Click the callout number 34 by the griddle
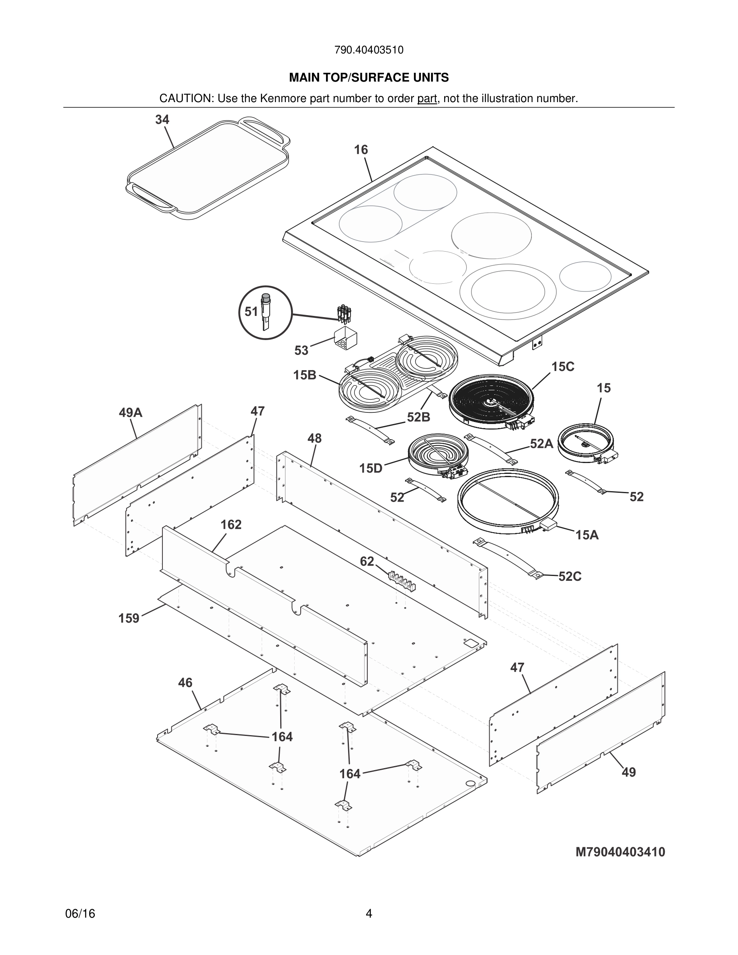point(162,120)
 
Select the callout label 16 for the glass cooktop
point(361,150)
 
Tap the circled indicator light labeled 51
point(265,312)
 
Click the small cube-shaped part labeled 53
point(345,338)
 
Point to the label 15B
point(304,375)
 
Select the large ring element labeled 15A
point(507,502)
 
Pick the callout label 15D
point(370,469)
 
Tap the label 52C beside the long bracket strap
point(570,577)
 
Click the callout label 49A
point(130,412)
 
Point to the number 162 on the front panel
point(231,524)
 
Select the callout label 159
point(129,618)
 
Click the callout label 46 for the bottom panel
point(185,682)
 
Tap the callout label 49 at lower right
point(628,772)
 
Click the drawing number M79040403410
point(620,852)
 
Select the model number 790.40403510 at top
point(369,50)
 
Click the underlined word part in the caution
point(427,98)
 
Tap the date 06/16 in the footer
point(80,914)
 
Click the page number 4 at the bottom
point(369,914)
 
